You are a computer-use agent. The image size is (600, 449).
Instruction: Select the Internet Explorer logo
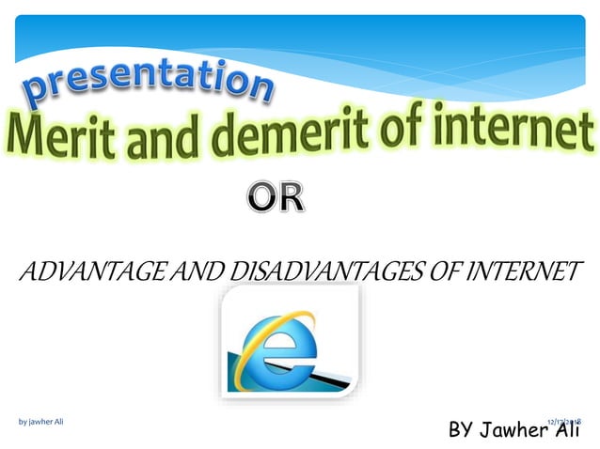click(x=289, y=337)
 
